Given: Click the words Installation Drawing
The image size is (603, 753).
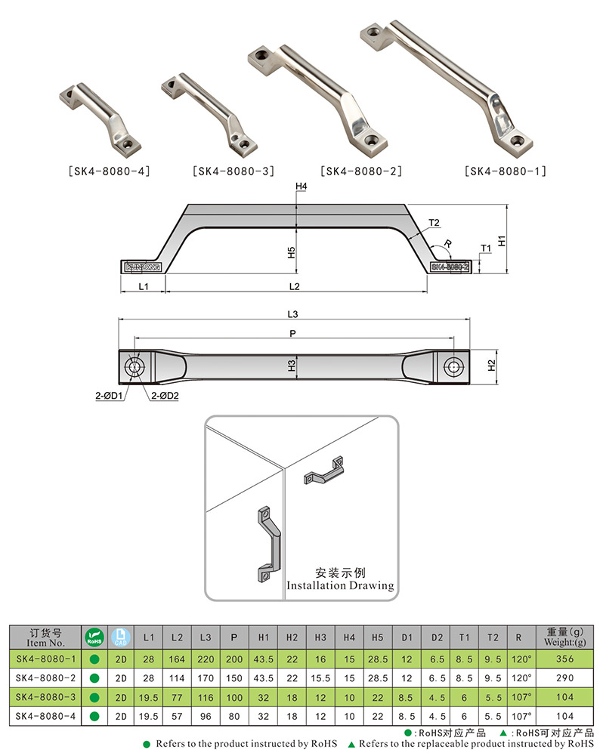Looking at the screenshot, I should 340,585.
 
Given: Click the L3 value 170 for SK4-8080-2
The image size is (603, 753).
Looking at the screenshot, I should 206,677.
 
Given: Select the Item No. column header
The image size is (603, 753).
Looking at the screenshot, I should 46,638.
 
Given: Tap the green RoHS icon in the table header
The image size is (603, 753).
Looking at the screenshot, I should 94,637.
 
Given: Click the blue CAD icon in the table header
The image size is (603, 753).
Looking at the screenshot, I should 120,637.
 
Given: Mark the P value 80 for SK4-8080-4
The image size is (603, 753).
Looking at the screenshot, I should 234,715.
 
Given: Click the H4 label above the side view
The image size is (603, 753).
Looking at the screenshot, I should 301,186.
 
